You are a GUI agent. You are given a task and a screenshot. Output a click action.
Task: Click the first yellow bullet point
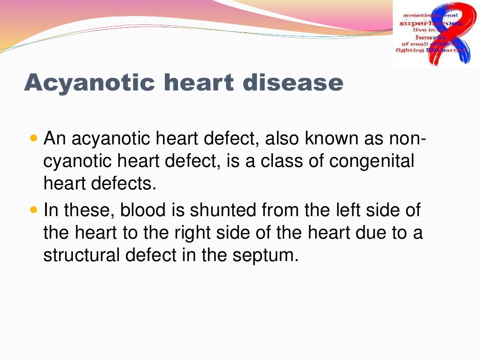coord(33,139)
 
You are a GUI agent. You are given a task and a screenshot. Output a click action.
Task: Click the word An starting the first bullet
coord(54,139)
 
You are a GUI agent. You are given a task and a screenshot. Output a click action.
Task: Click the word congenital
coord(372,162)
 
